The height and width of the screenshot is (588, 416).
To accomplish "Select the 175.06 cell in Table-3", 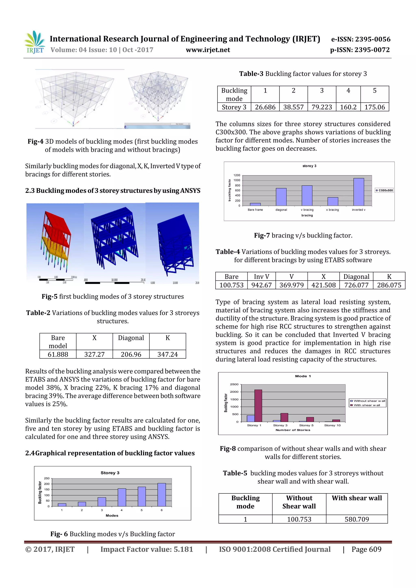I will coord(375,107).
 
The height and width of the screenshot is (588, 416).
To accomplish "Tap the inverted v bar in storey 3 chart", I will coord(358,192).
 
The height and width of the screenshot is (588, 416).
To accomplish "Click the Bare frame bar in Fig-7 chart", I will coord(255,204).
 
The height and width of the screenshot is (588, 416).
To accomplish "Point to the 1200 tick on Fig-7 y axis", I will coord(237,175).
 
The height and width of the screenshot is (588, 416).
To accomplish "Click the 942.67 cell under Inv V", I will coord(261,285).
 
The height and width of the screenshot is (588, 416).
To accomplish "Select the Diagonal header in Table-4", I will coord(356,277).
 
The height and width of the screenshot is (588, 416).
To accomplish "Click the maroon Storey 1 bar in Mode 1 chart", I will coord(258,406).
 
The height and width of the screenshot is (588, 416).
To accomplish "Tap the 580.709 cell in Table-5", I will coord(356,519).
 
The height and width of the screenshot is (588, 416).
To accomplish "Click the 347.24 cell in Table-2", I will coord(167,354).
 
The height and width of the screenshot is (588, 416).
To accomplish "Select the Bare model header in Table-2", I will coord(58,342).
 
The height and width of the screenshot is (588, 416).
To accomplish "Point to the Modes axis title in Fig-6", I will coord(112,515).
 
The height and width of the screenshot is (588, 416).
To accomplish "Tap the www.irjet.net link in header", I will coord(208,50).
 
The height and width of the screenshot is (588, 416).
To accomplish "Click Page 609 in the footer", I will coord(366,549).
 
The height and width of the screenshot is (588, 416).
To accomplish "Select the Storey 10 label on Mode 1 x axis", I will coord(332,425).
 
